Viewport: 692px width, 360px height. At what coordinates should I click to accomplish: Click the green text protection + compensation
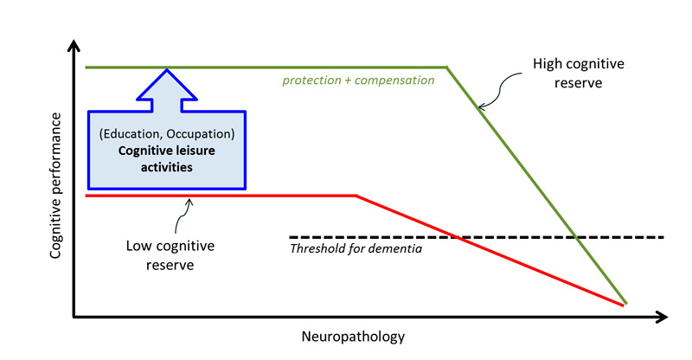358,80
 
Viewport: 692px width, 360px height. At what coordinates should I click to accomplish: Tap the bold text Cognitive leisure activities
167,158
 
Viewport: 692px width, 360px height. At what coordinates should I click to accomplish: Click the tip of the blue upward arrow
167,69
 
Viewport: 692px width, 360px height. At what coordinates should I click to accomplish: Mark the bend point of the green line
446,67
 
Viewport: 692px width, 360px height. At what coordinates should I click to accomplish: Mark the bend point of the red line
356,196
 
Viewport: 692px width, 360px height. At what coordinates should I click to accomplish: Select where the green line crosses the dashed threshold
575,236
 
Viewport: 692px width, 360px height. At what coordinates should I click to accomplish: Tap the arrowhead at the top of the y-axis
75,44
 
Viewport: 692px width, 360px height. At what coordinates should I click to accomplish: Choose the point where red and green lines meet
624,304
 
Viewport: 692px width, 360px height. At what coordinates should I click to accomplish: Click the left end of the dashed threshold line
291,236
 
